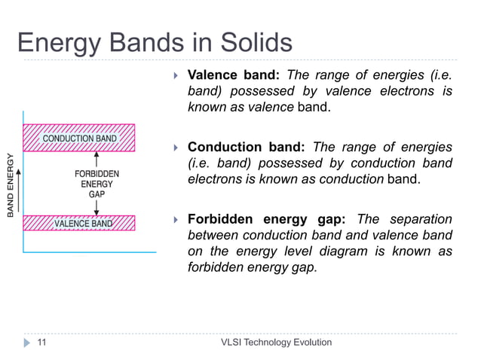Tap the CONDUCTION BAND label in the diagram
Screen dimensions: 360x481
point(79,139)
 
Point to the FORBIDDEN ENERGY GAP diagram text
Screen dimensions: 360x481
point(97,183)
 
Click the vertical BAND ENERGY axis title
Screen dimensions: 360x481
point(11,185)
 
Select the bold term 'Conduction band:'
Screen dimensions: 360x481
point(247,147)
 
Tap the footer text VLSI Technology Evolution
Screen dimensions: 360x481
point(276,343)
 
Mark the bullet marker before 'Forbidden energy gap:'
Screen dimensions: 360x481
point(174,220)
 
